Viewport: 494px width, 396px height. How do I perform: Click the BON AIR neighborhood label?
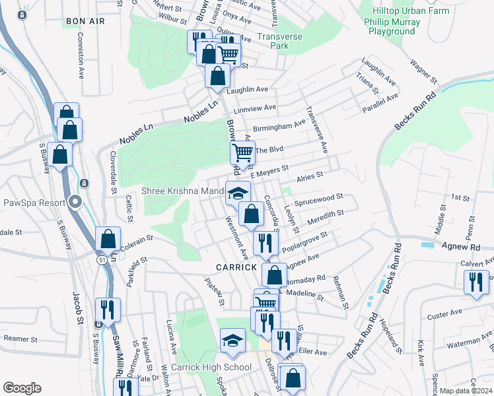pyautogui.click(x=85, y=22)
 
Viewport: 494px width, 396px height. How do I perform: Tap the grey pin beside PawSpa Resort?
pyautogui.click(x=76, y=203)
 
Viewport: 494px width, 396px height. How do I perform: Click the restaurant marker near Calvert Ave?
pyautogui.click(x=476, y=282)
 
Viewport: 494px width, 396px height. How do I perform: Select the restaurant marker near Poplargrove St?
pyautogui.click(x=265, y=244)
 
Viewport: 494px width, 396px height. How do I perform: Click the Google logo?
pyautogui.click(x=22, y=388)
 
